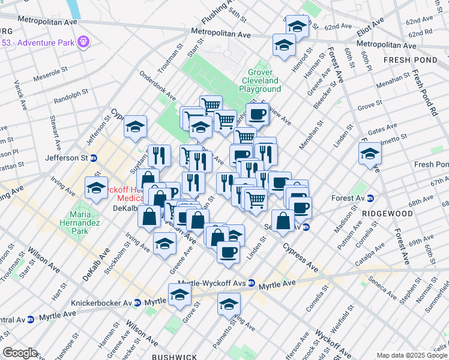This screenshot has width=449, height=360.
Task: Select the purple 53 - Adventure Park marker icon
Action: tap(83, 43)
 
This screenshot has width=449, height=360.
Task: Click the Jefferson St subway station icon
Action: tap(94, 158)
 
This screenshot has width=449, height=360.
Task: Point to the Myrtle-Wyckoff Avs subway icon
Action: tap(252, 283)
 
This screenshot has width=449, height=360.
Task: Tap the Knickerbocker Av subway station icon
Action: tap(137, 303)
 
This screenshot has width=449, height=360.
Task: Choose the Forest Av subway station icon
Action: tap(370, 198)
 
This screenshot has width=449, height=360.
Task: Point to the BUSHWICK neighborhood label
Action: tap(174, 356)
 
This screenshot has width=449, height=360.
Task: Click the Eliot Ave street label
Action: tap(370, 29)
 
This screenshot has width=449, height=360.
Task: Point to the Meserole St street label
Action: tap(52, 78)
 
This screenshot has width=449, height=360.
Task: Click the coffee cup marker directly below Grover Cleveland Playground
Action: tap(257, 113)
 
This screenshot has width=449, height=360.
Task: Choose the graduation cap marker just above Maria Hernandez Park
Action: tap(96, 187)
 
